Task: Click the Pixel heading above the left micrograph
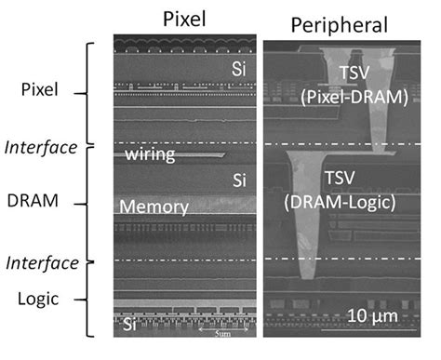[185, 18]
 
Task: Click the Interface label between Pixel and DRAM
[40, 147]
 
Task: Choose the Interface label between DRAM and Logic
[40, 263]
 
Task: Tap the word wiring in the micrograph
[151, 153]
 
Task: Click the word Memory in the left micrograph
[154, 207]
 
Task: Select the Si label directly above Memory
[239, 177]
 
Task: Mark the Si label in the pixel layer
[239, 69]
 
